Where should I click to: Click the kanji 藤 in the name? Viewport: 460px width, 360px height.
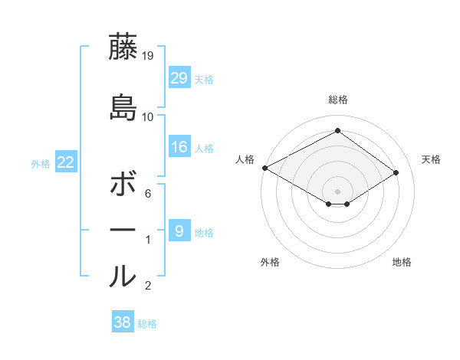click(x=123, y=46)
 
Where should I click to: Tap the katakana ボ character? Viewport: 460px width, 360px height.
click(x=123, y=183)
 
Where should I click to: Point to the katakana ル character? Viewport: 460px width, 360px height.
click(x=123, y=276)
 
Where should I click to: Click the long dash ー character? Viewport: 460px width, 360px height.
click(x=123, y=230)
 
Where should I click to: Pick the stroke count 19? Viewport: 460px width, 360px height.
click(x=147, y=56)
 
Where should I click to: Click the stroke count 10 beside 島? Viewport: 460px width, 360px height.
click(x=147, y=117)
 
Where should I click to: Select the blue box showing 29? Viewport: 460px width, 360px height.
click(x=179, y=77)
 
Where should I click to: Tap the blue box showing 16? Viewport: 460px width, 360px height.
click(x=179, y=146)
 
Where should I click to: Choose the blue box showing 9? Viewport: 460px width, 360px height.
click(x=179, y=230)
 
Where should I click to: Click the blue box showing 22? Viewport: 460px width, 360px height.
click(x=66, y=162)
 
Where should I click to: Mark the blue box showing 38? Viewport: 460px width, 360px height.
click(x=123, y=321)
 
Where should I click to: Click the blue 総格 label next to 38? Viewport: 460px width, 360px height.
click(x=147, y=324)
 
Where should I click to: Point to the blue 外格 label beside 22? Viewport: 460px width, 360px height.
click(x=41, y=164)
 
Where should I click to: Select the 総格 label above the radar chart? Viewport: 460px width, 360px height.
click(x=338, y=100)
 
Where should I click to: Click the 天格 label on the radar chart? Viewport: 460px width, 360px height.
click(x=431, y=159)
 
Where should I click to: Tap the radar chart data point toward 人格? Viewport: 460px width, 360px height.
click(x=265, y=168)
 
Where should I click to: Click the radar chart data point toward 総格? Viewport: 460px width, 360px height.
click(x=337, y=130)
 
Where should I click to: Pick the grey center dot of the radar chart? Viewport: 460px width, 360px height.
click(x=337, y=191)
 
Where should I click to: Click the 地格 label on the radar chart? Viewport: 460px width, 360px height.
click(x=402, y=262)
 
